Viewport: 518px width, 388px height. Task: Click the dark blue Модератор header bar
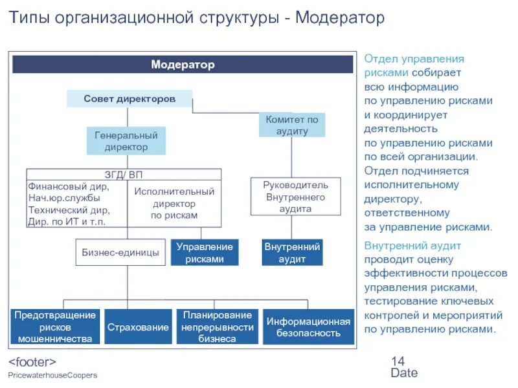pyautogui.click(x=183, y=65)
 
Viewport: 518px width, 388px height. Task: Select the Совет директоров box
pyautogui.click(x=129, y=99)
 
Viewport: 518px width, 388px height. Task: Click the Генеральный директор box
pyautogui.click(x=126, y=141)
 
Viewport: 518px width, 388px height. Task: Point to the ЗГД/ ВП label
pyautogui.click(x=124, y=174)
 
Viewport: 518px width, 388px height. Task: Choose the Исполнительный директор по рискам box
pyautogui.click(x=174, y=203)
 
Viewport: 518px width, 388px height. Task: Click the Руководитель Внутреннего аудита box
pyautogui.click(x=287, y=197)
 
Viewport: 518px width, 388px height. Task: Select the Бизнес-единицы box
pyautogui.click(x=120, y=252)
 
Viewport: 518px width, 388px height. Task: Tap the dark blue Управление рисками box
pyautogui.click(x=205, y=252)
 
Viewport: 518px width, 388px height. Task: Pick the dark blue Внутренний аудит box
pyautogui.click(x=292, y=252)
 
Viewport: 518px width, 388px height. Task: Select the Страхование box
pyautogui.click(x=138, y=327)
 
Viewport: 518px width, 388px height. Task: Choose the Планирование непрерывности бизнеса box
pyautogui.click(x=217, y=327)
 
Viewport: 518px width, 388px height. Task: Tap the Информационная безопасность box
pyautogui.click(x=308, y=327)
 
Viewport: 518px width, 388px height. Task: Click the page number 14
pyautogui.click(x=398, y=361)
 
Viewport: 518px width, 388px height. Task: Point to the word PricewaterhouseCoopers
pyautogui.click(x=52, y=376)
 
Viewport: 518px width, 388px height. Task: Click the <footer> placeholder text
pyautogui.click(x=32, y=361)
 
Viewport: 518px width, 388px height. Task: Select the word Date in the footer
pyautogui.click(x=404, y=373)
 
